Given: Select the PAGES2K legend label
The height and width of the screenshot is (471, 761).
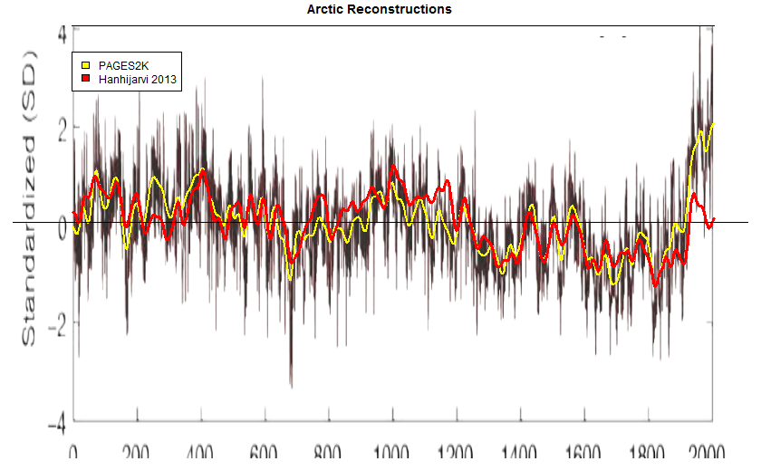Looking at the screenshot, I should click(x=125, y=65).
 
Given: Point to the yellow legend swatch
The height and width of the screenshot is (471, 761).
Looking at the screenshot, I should click(x=86, y=65).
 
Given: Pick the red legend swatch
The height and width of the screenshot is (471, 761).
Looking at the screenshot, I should click(x=86, y=80).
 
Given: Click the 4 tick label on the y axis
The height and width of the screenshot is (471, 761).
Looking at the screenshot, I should click(x=62, y=33).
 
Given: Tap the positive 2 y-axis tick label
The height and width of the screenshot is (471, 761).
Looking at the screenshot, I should click(x=61, y=131).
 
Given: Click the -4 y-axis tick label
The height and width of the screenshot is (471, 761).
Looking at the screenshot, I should click(x=56, y=422).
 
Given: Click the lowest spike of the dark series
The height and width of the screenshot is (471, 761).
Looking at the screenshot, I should click(x=291, y=386).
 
